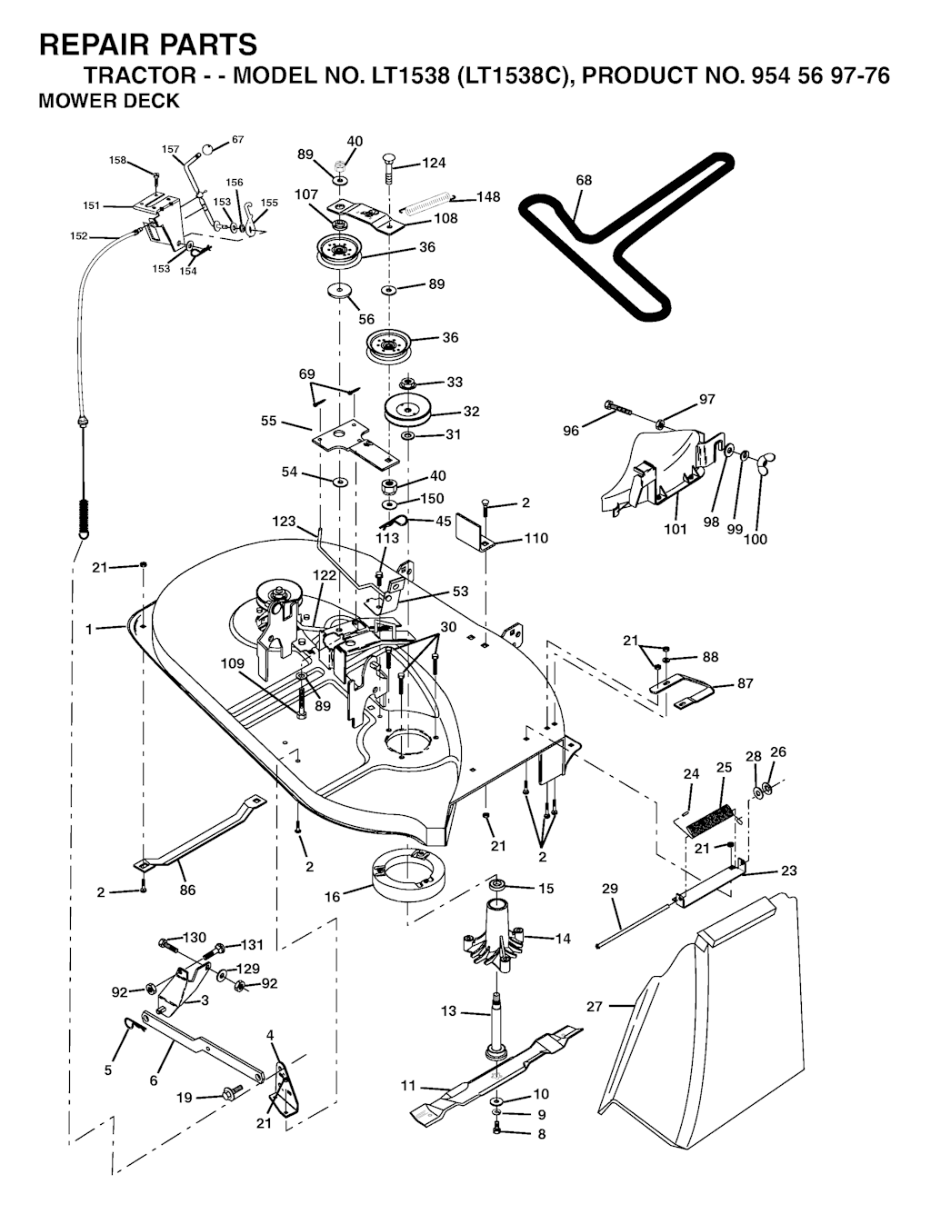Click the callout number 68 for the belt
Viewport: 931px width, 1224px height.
[x=584, y=180]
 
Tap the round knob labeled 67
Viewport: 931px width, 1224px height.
[x=207, y=149]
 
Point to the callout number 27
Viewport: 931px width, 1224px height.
[x=595, y=1007]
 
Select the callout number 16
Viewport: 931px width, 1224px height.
[x=332, y=897]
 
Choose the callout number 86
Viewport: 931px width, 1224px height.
[x=187, y=890]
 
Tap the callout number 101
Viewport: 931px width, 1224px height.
[x=675, y=529]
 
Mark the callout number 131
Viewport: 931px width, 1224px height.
[x=252, y=945]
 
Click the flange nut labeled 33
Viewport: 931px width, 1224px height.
[x=406, y=383]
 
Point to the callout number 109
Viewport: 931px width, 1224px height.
[x=233, y=663]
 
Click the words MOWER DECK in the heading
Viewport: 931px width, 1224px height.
[x=109, y=101]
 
